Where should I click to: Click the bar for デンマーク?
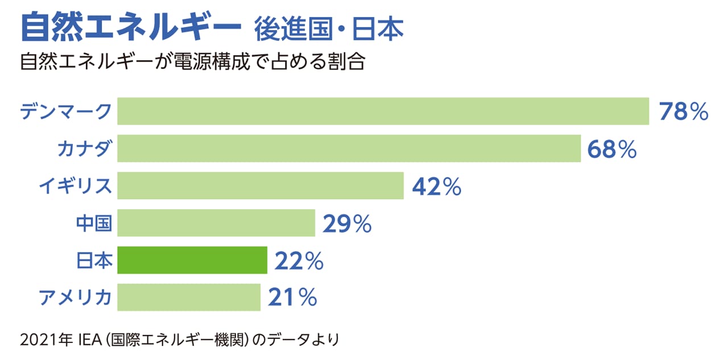[x=383, y=111]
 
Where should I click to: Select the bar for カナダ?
[x=349, y=148]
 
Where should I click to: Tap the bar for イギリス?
[x=260, y=186]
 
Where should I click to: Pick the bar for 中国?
[x=216, y=223]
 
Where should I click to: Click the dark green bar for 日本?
[x=192, y=260]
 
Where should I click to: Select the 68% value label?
[x=612, y=149]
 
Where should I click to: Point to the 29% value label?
[x=347, y=224]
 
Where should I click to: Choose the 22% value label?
[x=299, y=260]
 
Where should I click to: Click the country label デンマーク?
[x=65, y=111]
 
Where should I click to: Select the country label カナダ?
[x=84, y=149]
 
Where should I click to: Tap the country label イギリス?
[x=75, y=186]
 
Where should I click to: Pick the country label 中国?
[x=94, y=224]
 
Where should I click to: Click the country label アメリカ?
[x=75, y=297]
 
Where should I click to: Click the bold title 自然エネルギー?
[x=127, y=27]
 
